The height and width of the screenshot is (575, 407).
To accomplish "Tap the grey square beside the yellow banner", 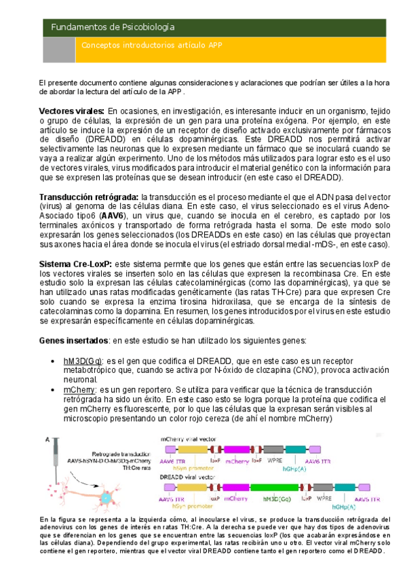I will pyautogui.click(x=59, y=49).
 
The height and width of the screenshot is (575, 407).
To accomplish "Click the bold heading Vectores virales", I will pyautogui.click(x=71, y=111).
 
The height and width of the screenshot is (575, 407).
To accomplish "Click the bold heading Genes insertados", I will pyautogui.click(x=73, y=339).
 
